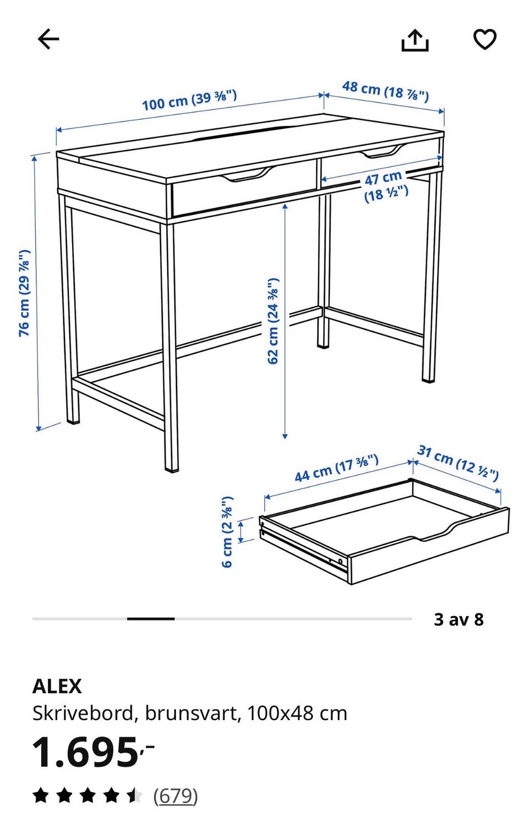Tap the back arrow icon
(48, 39)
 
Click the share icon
(414, 40)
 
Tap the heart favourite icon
(484, 40)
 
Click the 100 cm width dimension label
(189, 100)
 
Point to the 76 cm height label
(24, 293)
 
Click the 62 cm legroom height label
(273, 321)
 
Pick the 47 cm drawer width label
(386, 186)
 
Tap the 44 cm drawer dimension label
(337, 468)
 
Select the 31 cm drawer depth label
(458, 462)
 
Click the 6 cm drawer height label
(227, 531)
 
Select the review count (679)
(175, 796)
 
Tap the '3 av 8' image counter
(459, 619)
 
